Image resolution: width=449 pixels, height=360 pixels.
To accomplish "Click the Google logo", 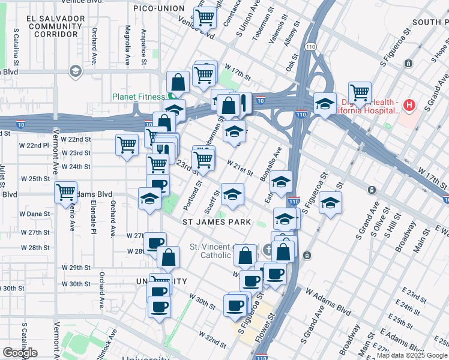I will coord(20,353).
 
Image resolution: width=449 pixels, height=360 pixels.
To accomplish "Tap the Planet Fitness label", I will coord(138,97).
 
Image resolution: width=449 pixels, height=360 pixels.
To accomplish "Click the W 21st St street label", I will coord(240,168).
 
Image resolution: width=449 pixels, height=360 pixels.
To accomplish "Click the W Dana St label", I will coord(34,214).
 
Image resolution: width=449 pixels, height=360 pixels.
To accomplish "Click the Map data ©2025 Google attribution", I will coord(411,355).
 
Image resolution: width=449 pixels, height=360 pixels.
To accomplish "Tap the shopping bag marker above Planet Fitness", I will coord(178,81).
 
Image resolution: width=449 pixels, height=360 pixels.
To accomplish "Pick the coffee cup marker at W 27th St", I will coord(155,242).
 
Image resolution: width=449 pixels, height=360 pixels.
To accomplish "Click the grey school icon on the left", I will coord(75,72).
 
